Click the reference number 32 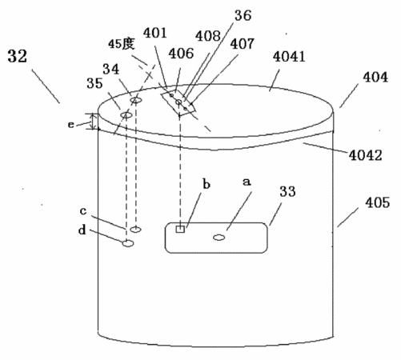click(x=18, y=56)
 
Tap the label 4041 click(x=289, y=57)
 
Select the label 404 click(x=375, y=78)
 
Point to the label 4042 click(x=366, y=155)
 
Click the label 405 click(x=378, y=202)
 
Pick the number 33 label click(x=287, y=191)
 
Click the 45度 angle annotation click(x=122, y=44)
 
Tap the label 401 click(x=155, y=33)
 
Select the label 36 click(x=243, y=15)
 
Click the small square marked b click(x=180, y=229)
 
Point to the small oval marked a click(x=219, y=237)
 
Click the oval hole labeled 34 click(x=136, y=101)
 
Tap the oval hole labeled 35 click(x=126, y=115)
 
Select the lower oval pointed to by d click(x=128, y=243)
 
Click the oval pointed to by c click(x=135, y=229)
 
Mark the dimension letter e click(x=70, y=125)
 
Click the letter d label click(x=82, y=230)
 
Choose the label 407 click(x=242, y=44)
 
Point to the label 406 click(x=181, y=54)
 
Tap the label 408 click(x=208, y=36)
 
